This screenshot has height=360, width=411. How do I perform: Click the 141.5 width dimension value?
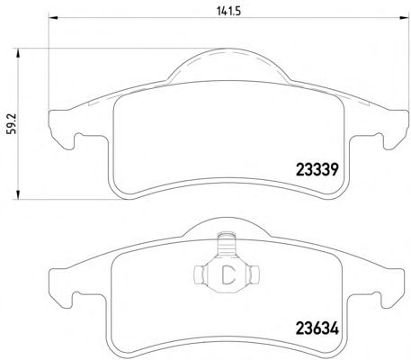(228, 12)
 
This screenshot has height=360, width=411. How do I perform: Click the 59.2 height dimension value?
(13, 124)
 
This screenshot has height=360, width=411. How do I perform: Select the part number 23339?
(317, 170)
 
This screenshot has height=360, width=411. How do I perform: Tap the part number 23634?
(317, 328)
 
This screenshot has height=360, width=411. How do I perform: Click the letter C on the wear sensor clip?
(228, 274)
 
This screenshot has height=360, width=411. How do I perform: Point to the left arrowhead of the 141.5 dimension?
(53, 18)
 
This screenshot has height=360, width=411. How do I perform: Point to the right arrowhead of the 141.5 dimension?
(404, 18)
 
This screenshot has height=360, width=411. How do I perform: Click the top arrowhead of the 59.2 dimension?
(18, 54)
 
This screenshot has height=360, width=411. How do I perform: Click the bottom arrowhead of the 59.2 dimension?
(18, 194)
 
